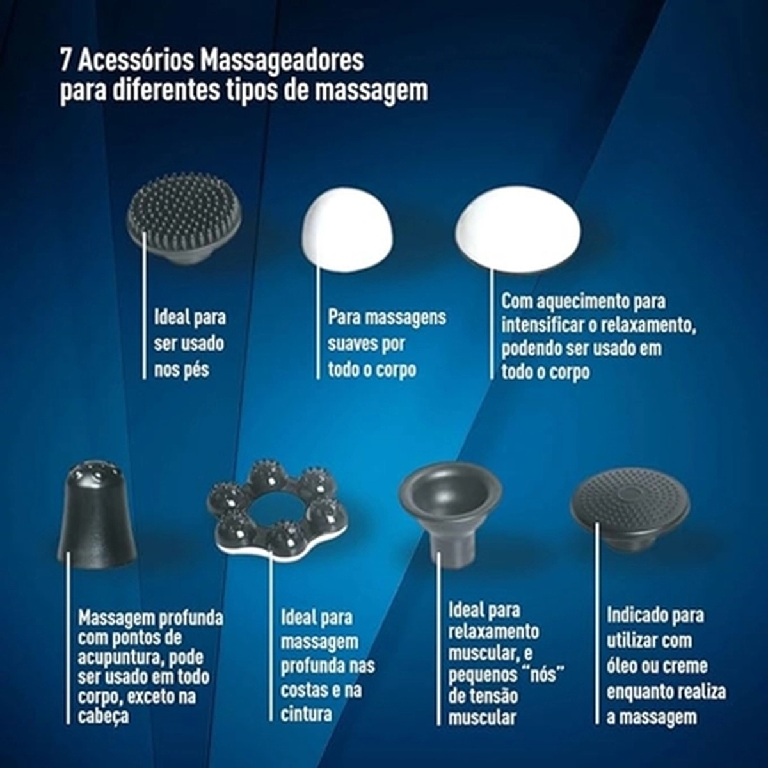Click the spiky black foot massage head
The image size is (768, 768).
[x=184, y=218]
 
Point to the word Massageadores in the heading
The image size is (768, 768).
[x=282, y=61]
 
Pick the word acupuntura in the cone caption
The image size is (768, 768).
[x=120, y=657]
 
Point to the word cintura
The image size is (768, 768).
[x=306, y=714]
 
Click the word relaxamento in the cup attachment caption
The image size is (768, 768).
[x=493, y=632]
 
